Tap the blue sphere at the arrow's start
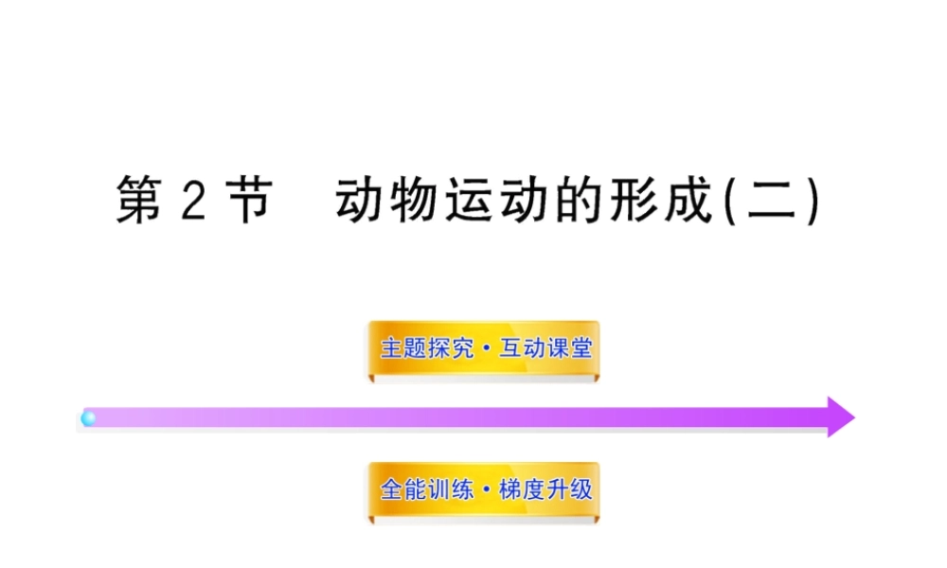click(88, 417)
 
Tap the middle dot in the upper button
click(485, 348)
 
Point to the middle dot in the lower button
click(485, 490)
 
